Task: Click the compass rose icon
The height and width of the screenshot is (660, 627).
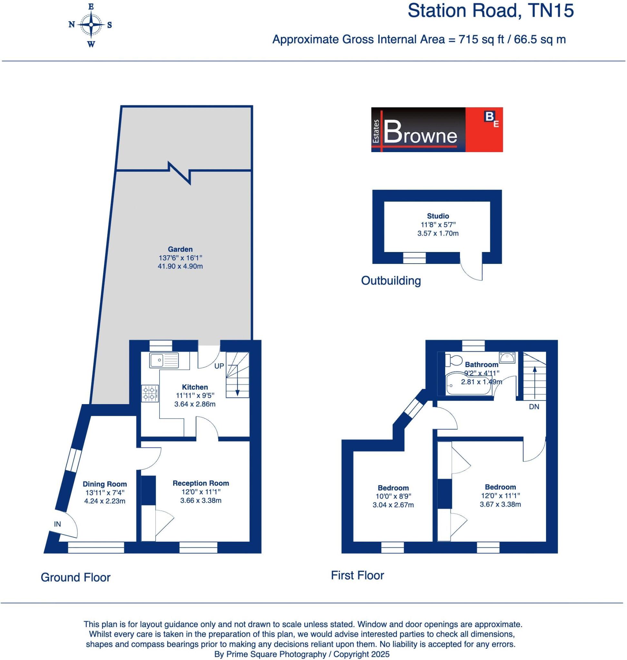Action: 91,25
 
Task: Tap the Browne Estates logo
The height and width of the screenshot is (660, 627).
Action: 437,130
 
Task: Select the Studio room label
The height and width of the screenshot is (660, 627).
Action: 438,216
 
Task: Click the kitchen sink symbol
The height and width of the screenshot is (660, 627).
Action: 164,360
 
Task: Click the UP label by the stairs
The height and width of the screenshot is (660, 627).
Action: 219,366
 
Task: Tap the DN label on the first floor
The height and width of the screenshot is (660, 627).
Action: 534,407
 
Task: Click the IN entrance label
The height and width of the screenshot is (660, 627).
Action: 57,524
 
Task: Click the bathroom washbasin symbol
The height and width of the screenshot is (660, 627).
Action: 507,358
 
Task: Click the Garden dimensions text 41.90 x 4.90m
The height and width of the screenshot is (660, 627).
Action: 180,266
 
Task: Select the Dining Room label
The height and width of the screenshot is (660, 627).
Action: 105,484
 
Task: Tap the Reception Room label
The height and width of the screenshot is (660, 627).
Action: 201,483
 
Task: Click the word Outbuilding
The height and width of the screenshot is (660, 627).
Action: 391,281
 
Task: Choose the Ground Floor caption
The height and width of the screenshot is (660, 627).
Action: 75,577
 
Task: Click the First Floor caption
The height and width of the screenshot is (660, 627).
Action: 357,576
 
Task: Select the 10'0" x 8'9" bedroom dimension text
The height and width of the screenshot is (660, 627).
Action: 393,497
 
